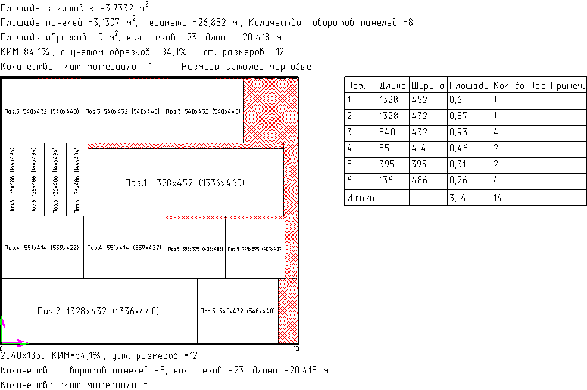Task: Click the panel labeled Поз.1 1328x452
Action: pyautogui.click(x=185, y=182)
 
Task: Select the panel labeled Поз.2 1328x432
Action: pyautogui.click(x=98, y=311)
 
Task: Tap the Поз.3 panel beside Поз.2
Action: pyautogui.click(x=238, y=311)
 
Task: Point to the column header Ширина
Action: pyautogui.click(x=427, y=86)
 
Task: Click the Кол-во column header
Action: pyautogui.click(x=509, y=86)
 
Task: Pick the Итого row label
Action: pyautogui.click(x=360, y=198)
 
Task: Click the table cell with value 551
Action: pyautogui.click(x=388, y=148)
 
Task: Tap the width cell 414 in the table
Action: pyautogui.click(x=420, y=148)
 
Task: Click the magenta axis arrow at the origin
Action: pyautogui.click(x=21, y=342)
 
